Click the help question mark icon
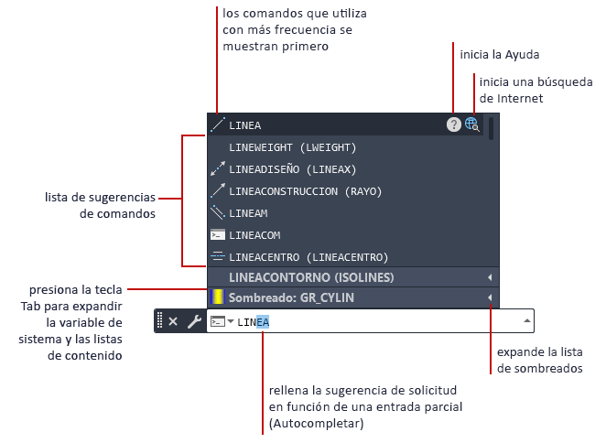453,124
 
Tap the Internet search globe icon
472,124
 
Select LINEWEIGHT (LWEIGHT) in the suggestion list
292,146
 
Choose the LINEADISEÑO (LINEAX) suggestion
292,168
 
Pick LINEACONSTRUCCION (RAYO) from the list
305,190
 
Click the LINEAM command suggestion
249,212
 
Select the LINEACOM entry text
254,234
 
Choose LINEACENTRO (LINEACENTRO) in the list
308,256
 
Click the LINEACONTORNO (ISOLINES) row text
311,277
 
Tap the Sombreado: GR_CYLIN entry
291,297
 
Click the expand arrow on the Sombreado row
490,297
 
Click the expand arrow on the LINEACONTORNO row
490,277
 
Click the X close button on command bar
173,321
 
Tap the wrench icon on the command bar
193,321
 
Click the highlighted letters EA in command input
263,321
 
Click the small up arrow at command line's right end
526,321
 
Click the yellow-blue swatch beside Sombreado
217,297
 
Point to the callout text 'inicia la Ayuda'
503,55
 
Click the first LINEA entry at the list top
245,124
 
